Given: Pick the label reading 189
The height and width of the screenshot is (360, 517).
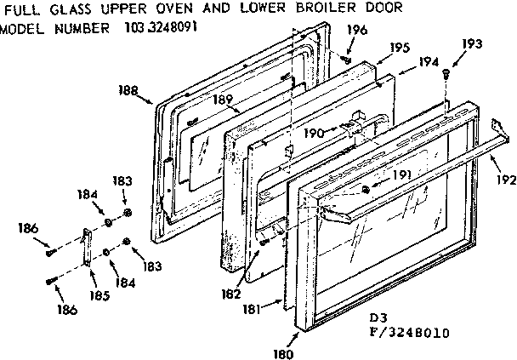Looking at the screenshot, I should (x=223, y=100).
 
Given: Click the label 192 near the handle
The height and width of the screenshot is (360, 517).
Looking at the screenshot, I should (x=506, y=180).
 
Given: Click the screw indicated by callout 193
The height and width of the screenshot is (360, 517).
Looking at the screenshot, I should (x=446, y=76).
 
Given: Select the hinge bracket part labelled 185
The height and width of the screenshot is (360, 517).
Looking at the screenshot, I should (x=86, y=252).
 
